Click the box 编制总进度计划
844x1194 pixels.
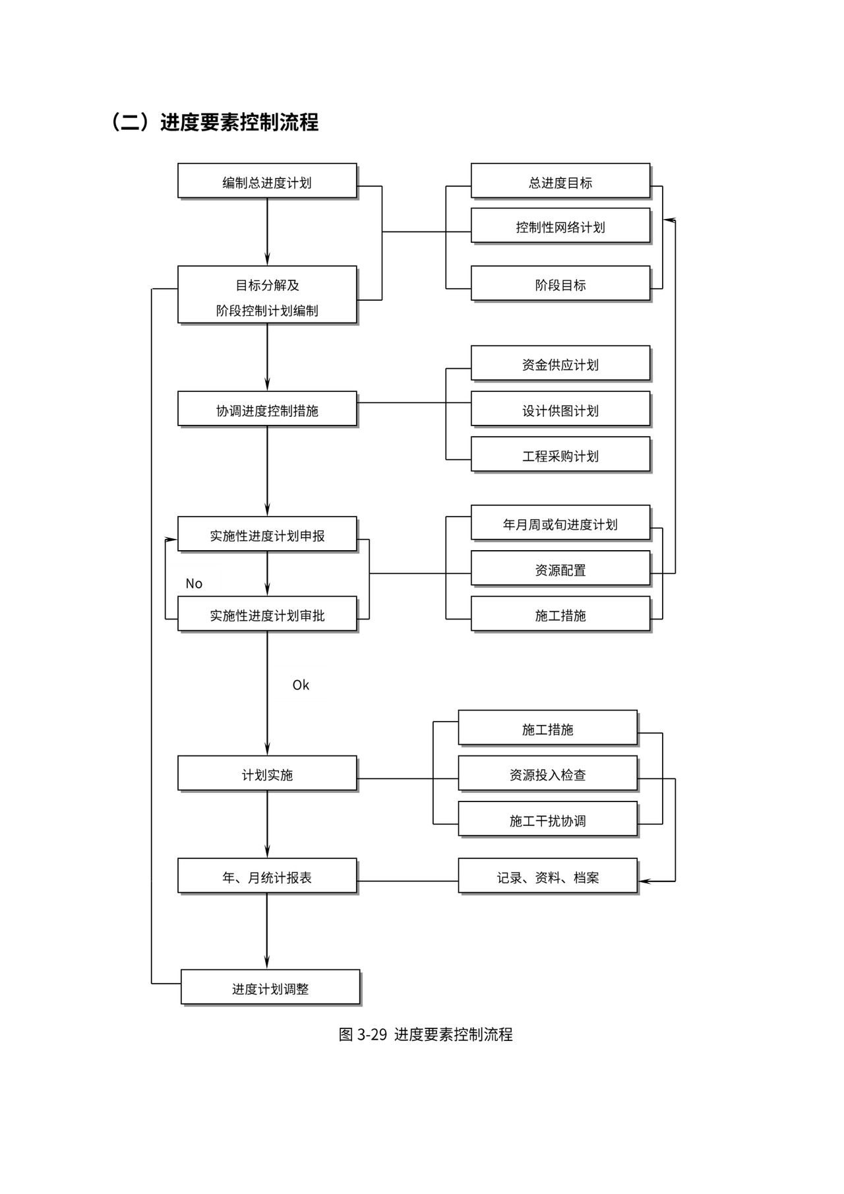click(267, 181)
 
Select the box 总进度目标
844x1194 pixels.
click(560, 181)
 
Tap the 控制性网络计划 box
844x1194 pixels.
click(560, 226)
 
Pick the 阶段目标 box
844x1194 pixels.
click(560, 284)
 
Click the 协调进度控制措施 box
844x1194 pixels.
click(267, 410)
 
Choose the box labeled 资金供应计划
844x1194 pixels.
click(560, 364)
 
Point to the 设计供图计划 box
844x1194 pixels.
click(560, 410)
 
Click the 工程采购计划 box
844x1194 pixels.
click(560, 455)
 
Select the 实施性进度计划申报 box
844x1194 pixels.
click(267, 535)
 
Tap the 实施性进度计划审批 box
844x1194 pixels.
click(267, 615)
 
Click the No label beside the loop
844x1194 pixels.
click(194, 583)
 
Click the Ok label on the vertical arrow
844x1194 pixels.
click(301, 685)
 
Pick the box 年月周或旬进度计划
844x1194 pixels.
click(560, 524)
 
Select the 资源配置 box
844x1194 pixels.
click(560, 569)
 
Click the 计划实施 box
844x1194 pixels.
click(267, 774)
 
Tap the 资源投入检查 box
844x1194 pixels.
click(548, 774)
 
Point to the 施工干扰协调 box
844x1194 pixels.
click(548, 820)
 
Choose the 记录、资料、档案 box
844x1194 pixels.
click(548, 877)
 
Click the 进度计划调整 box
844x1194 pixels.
click(270, 988)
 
